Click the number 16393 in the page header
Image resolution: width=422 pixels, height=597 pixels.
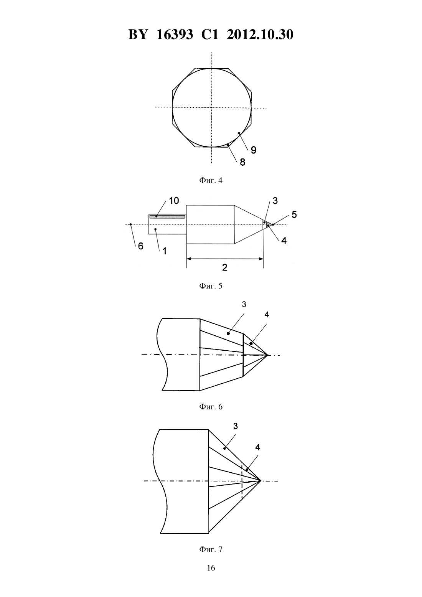point(175,35)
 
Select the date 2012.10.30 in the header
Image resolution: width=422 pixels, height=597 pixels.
point(260,35)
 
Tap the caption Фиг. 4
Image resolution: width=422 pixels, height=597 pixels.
point(211,180)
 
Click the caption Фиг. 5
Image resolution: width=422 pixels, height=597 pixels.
point(211,286)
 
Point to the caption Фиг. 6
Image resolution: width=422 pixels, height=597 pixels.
point(211,407)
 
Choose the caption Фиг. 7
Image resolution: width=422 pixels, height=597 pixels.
point(211,549)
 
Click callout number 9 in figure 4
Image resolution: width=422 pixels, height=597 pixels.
point(254,150)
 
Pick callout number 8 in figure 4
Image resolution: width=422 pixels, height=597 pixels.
point(242,162)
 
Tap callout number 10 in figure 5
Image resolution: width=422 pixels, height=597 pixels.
point(174,201)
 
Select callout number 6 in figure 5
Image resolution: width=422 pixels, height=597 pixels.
point(141,246)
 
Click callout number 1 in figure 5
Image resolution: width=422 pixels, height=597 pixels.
point(165,251)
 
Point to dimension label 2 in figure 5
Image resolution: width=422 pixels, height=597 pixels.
point(224,267)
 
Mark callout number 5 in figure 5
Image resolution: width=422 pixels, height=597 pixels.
point(294,214)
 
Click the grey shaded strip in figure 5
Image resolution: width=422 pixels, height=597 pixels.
point(167,217)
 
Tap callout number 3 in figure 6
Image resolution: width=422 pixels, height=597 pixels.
point(244,304)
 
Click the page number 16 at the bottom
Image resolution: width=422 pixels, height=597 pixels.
point(211,568)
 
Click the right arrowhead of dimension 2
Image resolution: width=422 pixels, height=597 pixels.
point(261,259)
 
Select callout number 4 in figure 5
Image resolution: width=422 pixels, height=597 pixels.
point(284,241)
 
